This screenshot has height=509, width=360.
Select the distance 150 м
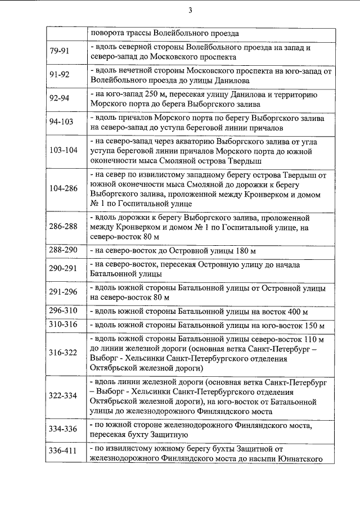point(313,326)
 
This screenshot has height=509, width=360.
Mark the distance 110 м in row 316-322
point(313,339)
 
